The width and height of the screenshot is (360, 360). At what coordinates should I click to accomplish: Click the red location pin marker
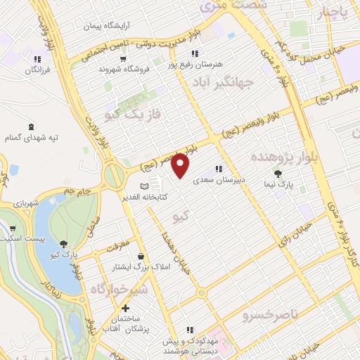click(x=181, y=165)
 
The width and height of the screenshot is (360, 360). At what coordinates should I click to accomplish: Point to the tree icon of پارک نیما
click(x=279, y=174)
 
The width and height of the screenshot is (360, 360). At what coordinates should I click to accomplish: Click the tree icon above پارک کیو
click(x=65, y=244)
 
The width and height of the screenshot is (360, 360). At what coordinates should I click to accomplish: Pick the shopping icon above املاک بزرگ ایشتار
click(x=142, y=257)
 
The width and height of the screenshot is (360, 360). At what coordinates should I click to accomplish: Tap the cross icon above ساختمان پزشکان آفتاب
click(x=126, y=308)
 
